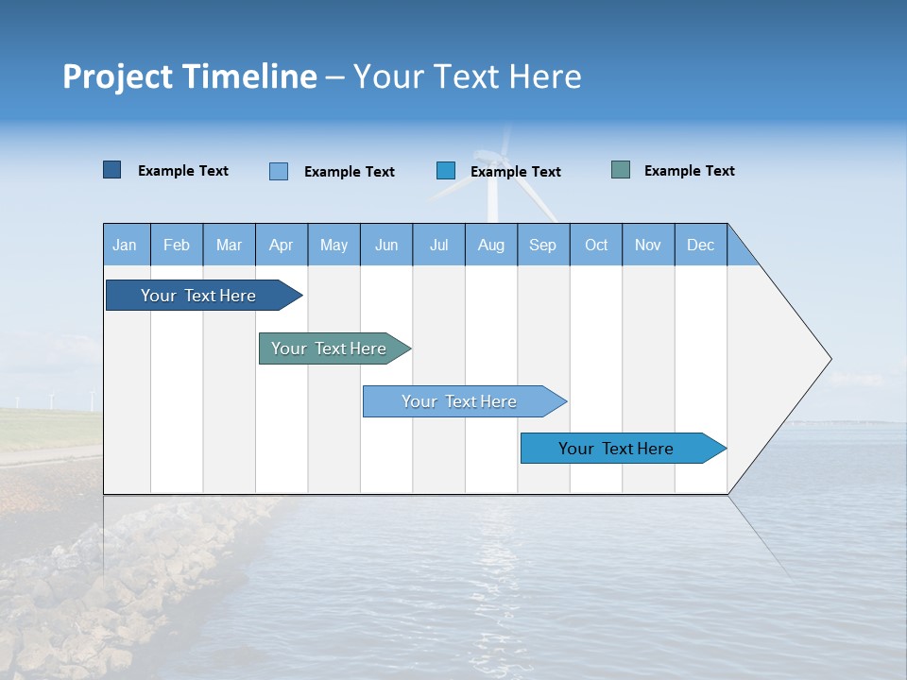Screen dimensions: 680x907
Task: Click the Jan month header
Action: [125, 245]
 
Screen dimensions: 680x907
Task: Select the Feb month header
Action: [177, 245]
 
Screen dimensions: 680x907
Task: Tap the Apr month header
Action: [282, 245]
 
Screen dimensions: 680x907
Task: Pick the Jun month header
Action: [386, 245]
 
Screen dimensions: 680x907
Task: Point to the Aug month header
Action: [491, 245]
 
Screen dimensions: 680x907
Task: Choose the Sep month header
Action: [543, 245]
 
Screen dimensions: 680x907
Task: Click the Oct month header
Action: [596, 245]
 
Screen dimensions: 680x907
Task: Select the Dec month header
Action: [701, 245]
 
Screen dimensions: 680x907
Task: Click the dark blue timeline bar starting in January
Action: [198, 296]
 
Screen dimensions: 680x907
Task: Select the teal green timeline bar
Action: [329, 348]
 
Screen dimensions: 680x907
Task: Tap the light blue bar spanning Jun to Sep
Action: [459, 401]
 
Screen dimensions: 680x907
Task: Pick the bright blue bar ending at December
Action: [616, 449]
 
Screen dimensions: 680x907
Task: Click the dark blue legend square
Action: [112, 170]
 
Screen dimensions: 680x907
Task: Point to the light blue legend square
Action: [279, 171]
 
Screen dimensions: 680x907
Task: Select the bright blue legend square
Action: [446, 170]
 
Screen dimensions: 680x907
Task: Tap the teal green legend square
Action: [621, 170]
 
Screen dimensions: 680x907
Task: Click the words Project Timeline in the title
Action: [189, 76]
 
